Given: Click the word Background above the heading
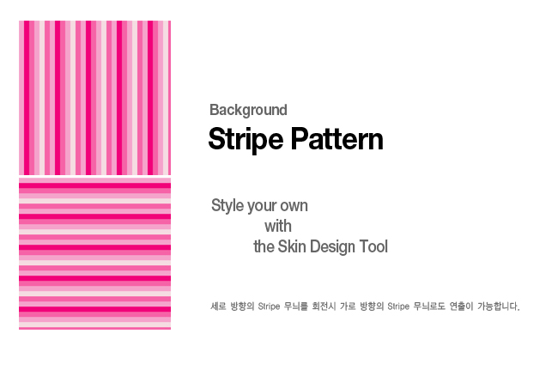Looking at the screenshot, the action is pyautogui.click(x=248, y=110).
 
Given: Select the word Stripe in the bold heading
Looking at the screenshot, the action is pyautogui.click(x=246, y=140).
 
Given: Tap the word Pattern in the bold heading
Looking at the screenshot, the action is pyautogui.click(x=337, y=139).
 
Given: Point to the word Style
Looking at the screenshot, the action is pyautogui.click(x=227, y=206).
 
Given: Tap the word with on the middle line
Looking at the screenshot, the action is pyautogui.click(x=278, y=227).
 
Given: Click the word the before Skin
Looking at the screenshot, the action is pyautogui.click(x=264, y=246).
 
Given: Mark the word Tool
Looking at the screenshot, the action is pyautogui.click(x=373, y=246).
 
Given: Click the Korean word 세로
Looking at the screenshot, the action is pyautogui.click(x=218, y=306).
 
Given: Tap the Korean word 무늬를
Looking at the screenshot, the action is pyautogui.click(x=295, y=306).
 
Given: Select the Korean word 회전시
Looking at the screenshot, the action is pyautogui.click(x=324, y=306).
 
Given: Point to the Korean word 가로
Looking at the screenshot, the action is pyautogui.click(x=348, y=306).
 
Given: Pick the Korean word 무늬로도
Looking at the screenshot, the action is pyautogui.click(x=429, y=306).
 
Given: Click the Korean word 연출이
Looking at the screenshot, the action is pyautogui.click(x=461, y=306).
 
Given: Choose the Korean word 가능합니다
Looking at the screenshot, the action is pyautogui.click(x=499, y=306).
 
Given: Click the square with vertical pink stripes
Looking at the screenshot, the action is pyautogui.click(x=94, y=98).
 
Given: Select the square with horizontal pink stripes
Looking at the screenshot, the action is pyautogui.click(x=94, y=253).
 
